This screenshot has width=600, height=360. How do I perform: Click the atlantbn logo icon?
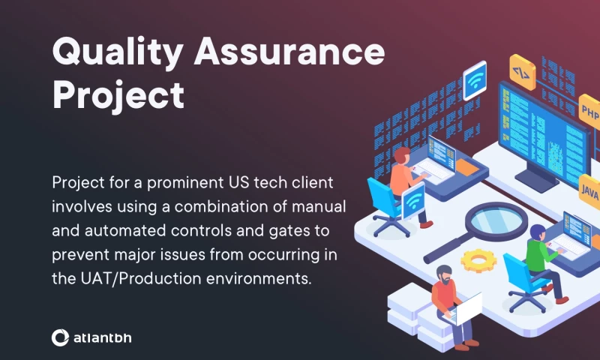click(x=60, y=337)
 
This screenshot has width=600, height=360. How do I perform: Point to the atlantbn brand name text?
click(x=103, y=337)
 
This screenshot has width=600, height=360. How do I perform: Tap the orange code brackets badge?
click(x=521, y=72)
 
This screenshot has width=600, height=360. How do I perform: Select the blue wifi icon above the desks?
click(x=474, y=81)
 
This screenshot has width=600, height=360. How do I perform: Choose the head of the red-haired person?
click(x=402, y=156)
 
